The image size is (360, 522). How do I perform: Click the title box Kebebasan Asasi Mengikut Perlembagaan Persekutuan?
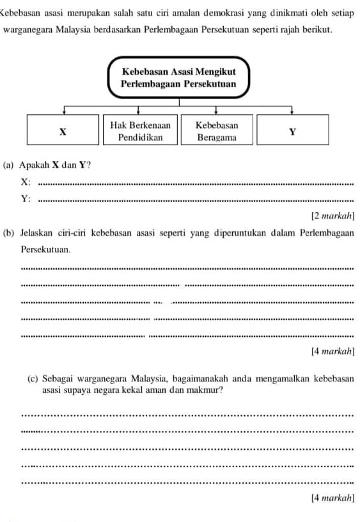coord(179,79)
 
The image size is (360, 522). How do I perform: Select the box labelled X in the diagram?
coord(63,130)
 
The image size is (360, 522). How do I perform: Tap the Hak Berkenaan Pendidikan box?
coord(141,130)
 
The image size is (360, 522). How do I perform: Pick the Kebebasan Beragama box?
coord(217,130)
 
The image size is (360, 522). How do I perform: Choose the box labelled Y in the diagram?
coord(293,130)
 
